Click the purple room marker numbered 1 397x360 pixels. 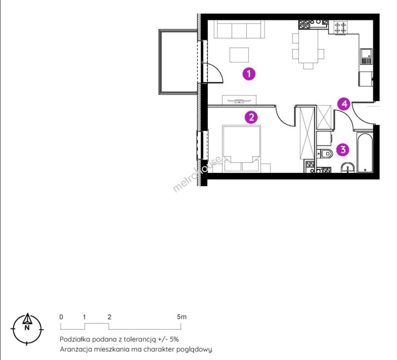(249, 74)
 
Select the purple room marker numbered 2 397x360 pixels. (251, 117)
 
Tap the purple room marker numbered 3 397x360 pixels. (343, 150)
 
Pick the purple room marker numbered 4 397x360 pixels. (344, 104)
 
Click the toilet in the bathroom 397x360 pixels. (325, 153)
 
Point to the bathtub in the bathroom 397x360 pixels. (365, 152)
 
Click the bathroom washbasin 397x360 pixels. (348, 167)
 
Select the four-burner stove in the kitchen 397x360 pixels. (340, 28)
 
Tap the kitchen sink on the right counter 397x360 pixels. (366, 56)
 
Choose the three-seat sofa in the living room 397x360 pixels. (239, 29)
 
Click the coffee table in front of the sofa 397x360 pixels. (239, 55)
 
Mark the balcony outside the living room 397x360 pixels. (178, 62)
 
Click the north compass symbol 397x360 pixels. (27, 329)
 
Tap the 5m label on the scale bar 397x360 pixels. (182, 316)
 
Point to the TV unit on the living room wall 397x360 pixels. (239, 100)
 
